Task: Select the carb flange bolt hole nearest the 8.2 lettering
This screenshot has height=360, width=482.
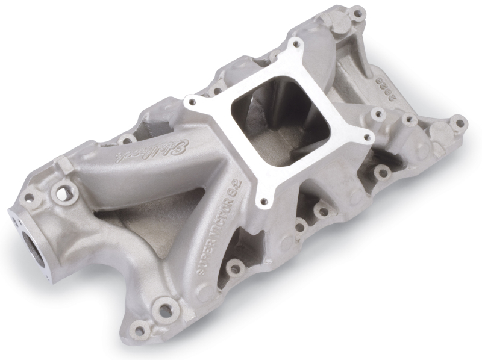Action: (x=263, y=202)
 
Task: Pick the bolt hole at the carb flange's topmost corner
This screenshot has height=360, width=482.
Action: (x=295, y=44)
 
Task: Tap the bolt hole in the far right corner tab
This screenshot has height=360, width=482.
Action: (x=459, y=123)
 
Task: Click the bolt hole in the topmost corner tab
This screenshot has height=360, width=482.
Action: (x=357, y=12)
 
